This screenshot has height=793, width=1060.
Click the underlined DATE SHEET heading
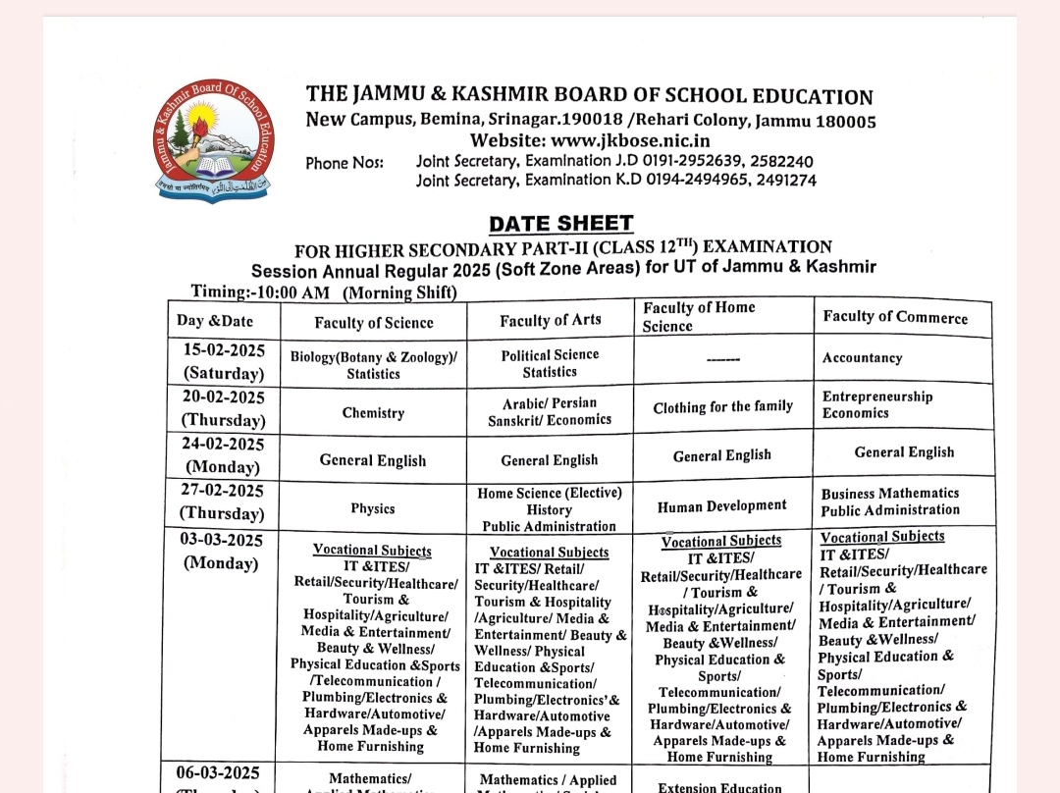[x=560, y=224]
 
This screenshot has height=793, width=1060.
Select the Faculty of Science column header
[x=373, y=322]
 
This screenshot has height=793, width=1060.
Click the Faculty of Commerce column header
[x=894, y=317]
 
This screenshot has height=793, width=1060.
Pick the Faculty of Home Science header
[x=699, y=316]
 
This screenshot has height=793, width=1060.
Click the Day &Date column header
[x=215, y=321]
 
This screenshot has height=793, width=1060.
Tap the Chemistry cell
[x=373, y=413]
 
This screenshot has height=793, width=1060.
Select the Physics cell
[x=373, y=508]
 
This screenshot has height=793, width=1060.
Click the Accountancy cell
[x=862, y=358]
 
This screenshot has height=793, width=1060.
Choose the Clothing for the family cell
[x=722, y=406]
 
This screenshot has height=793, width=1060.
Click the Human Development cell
[x=722, y=505]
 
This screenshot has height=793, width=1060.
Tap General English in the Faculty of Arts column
[x=549, y=460]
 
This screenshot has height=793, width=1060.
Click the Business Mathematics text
[x=889, y=494]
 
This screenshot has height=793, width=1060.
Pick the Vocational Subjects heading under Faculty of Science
[x=372, y=551]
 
